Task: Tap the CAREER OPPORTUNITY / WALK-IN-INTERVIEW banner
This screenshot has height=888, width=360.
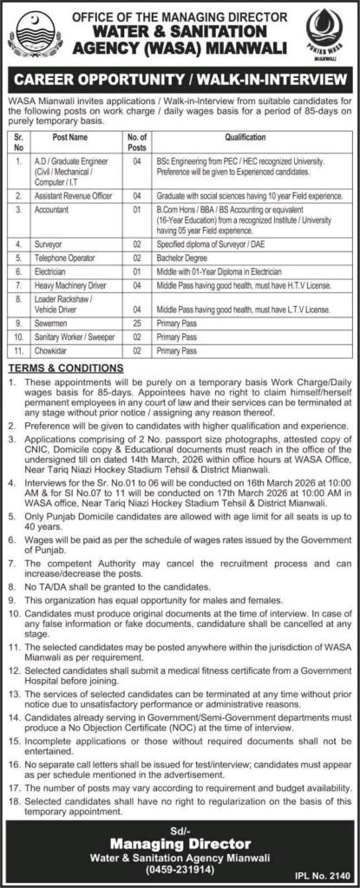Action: click(x=180, y=80)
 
